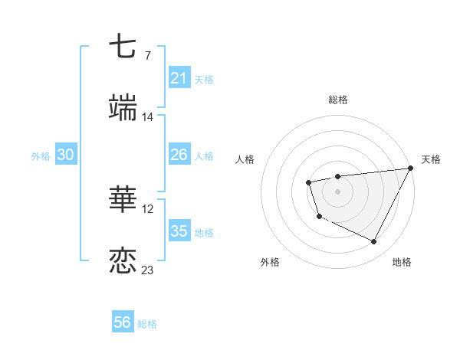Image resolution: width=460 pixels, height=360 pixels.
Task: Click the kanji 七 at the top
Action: (x=123, y=47)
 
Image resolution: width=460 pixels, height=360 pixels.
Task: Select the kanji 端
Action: (x=123, y=109)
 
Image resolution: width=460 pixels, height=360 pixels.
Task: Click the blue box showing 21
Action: (x=179, y=78)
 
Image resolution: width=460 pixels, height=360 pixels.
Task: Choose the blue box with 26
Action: (x=179, y=155)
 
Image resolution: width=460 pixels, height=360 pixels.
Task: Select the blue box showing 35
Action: (x=179, y=231)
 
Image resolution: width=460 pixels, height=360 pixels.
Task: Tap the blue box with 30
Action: (x=65, y=155)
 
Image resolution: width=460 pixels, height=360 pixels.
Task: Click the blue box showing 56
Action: (x=123, y=322)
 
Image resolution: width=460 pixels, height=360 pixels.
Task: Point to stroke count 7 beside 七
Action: (x=147, y=55)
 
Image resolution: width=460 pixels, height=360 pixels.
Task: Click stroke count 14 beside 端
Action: (x=147, y=116)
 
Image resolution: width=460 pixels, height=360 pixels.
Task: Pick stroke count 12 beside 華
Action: (x=147, y=208)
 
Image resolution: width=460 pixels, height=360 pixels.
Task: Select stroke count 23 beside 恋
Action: (x=147, y=270)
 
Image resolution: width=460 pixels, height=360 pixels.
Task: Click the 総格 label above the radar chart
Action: (x=338, y=100)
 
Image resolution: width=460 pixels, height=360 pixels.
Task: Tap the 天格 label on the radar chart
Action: (x=431, y=159)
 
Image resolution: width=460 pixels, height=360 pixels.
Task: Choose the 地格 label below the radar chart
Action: (x=402, y=262)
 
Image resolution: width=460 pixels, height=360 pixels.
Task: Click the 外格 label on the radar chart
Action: (x=270, y=262)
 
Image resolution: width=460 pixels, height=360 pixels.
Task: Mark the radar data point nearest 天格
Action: (x=411, y=168)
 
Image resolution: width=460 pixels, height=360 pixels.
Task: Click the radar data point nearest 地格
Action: (x=374, y=242)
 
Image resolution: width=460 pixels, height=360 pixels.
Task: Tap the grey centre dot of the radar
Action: (x=337, y=191)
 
